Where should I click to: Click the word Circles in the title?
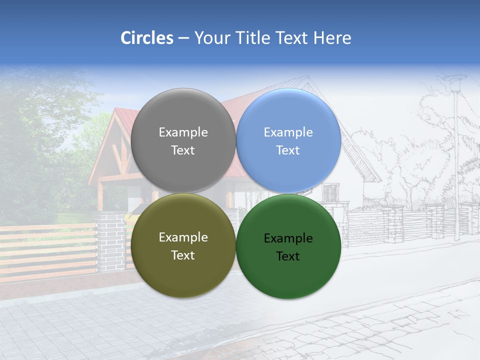coord(146,38)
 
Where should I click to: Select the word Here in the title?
coord(332,38)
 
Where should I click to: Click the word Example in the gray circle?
coord(183,132)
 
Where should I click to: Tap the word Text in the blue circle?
coord(288,150)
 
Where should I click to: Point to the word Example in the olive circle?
coord(183,237)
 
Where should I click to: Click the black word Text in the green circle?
coord(288,256)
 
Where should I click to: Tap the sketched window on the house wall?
coord(330,192)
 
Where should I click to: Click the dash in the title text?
coord(183,38)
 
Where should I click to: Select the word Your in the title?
coord(212,38)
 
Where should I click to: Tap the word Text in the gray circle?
coord(183,150)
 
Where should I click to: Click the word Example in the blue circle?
coord(288,132)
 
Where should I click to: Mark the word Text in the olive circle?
coord(183,255)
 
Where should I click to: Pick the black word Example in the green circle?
coord(288,238)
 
